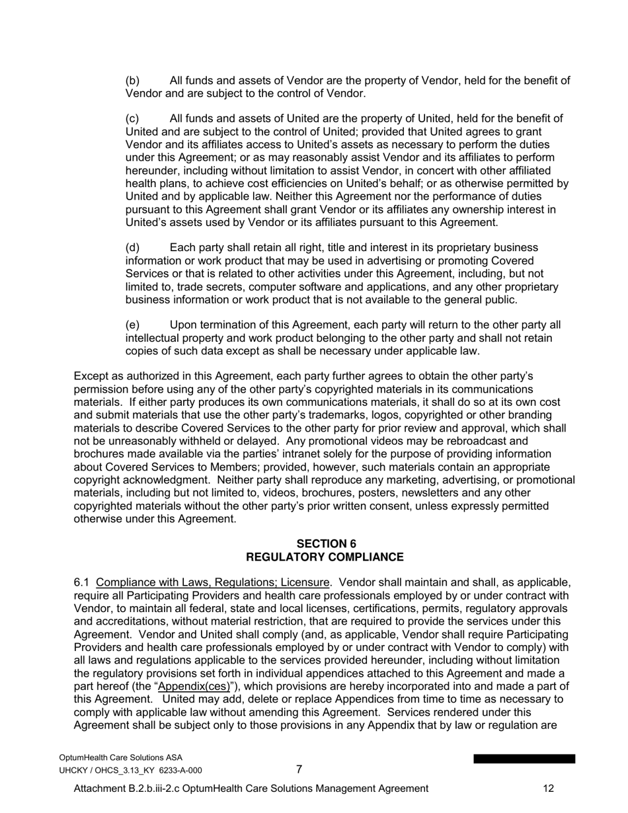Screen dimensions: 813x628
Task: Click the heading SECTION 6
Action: pyautogui.click(x=326, y=544)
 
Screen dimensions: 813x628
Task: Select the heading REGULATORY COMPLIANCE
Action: pyautogui.click(x=325, y=557)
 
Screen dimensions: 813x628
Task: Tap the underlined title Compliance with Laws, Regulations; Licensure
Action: pyautogui.click(x=212, y=582)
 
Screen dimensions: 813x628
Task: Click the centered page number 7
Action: pyautogui.click(x=299, y=769)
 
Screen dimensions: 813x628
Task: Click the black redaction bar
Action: pyautogui.click(x=524, y=759)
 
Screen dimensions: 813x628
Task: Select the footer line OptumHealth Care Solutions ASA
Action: pyautogui.click(x=120, y=757)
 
